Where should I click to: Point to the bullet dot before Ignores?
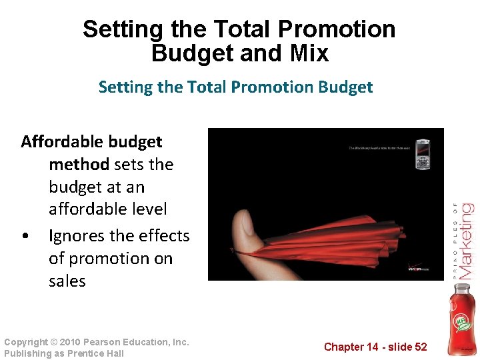point(25,237)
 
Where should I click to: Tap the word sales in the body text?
point(67,281)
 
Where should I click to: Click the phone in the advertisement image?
point(423,154)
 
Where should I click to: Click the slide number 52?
point(419,347)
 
